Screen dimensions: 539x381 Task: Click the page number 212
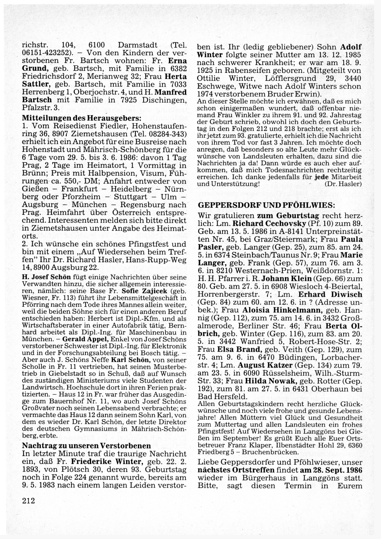coord(29,500)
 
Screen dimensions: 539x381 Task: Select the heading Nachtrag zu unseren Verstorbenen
coord(86,446)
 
